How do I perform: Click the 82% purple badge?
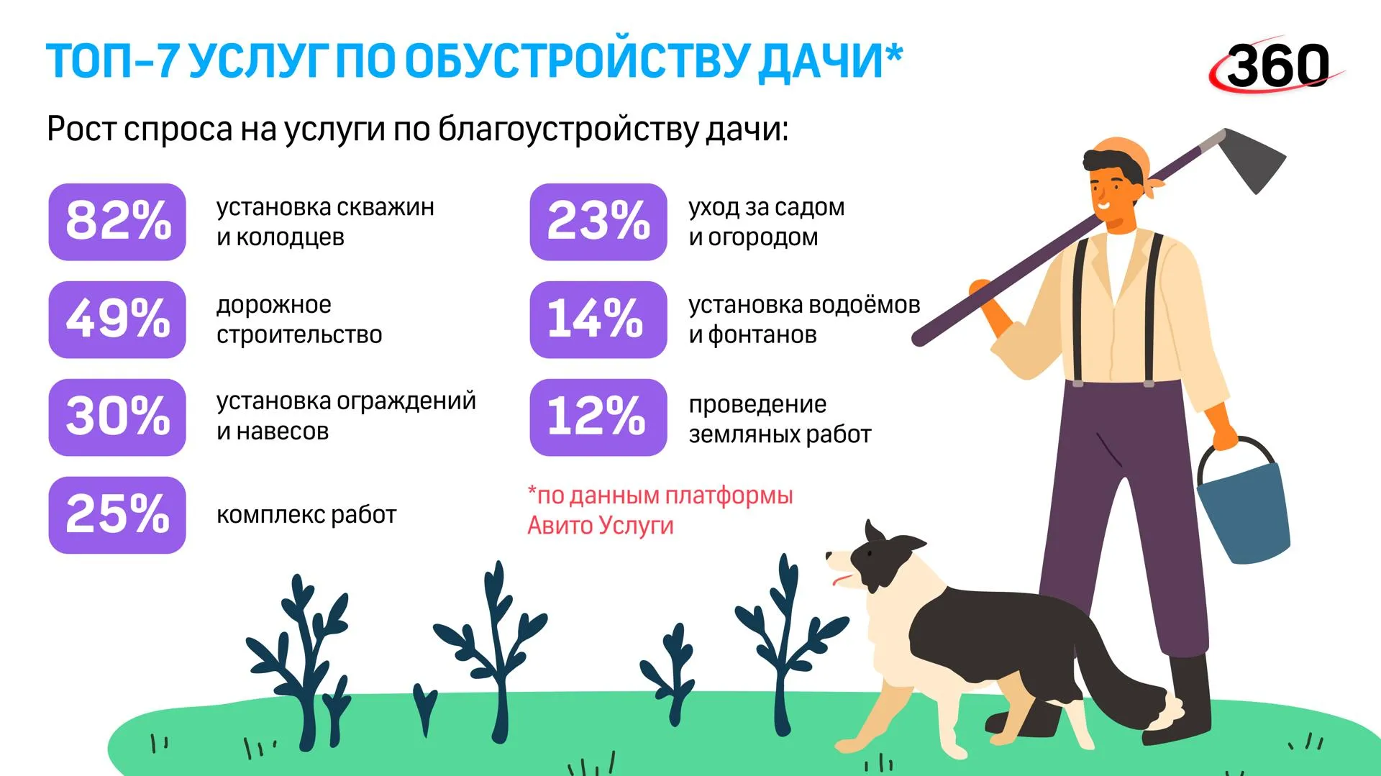tap(117, 222)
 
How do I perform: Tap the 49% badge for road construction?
tap(117, 319)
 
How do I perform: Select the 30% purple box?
tap(117, 417)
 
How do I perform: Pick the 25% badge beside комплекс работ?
tap(117, 515)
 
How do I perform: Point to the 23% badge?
tap(598, 222)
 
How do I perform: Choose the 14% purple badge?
tap(598, 319)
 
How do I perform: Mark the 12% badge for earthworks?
tap(598, 417)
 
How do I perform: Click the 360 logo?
tap(1277, 65)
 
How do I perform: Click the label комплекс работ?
tap(306, 515)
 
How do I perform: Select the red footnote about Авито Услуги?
tap(660, 510)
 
